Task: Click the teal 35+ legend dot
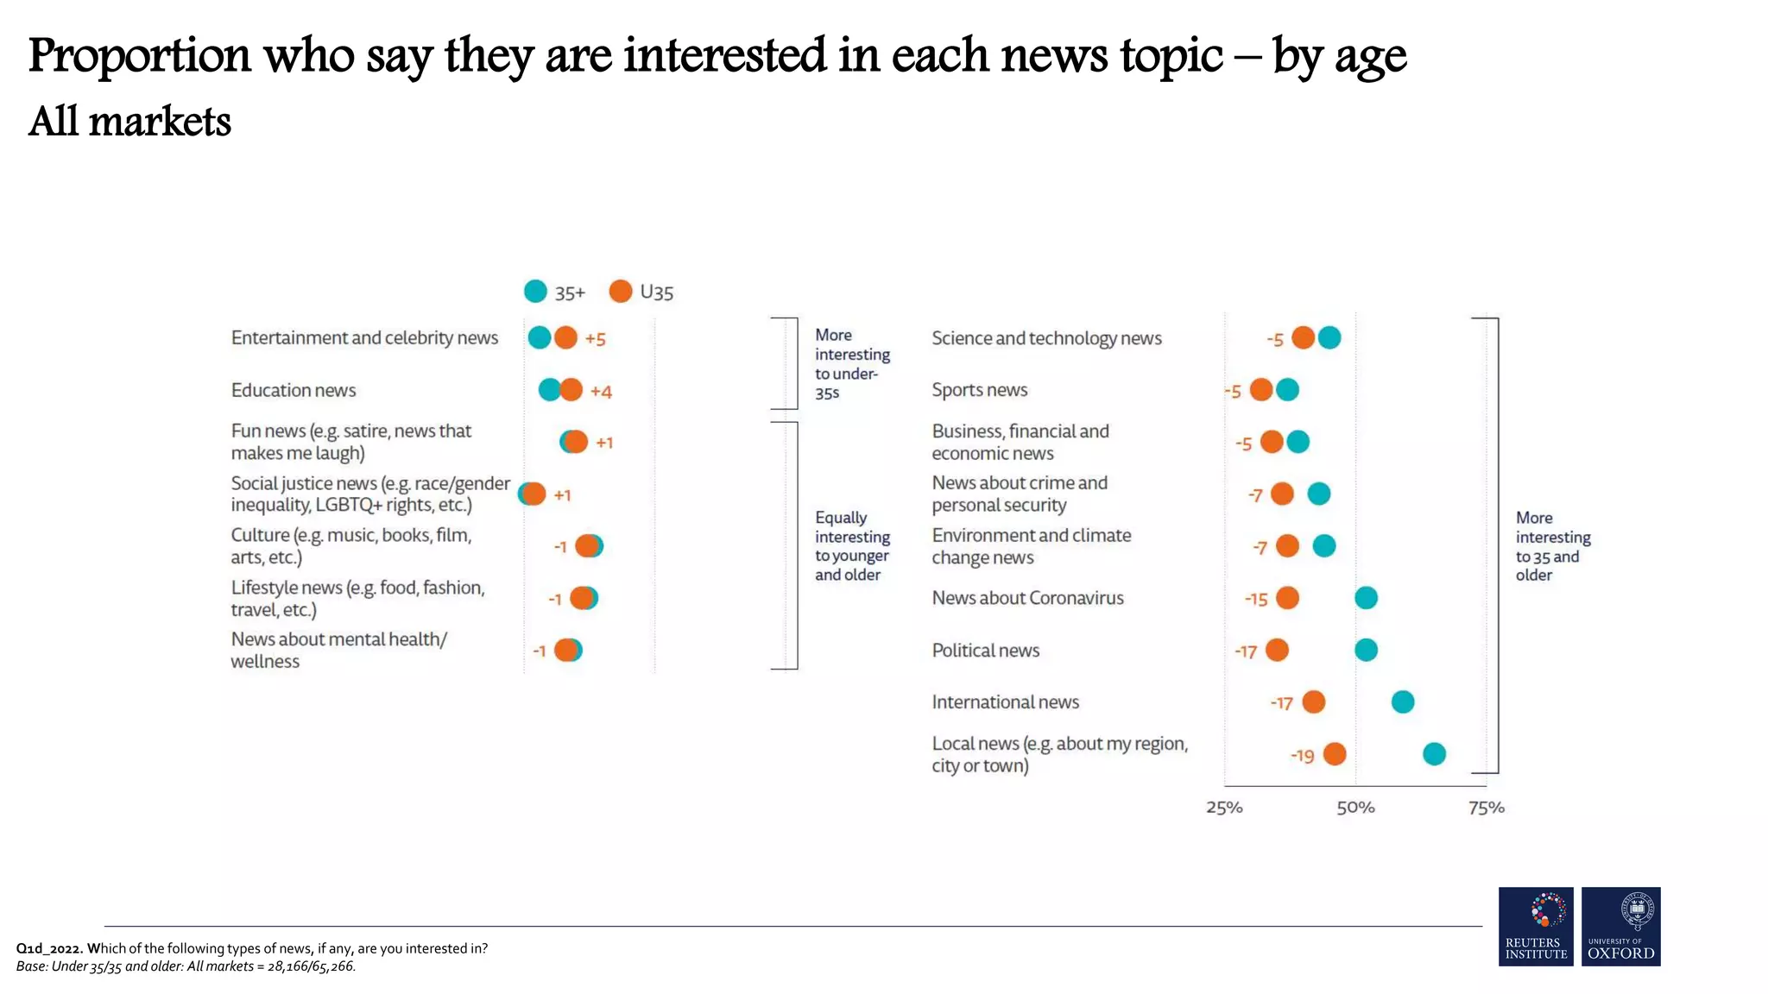tap(535, 292)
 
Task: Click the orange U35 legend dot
tap(620, 292)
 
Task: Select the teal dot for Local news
tap(1434, 754)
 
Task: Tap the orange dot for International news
tap(1313, 702)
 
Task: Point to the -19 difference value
tap(1302, 756)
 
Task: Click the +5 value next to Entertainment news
tap(596, 339)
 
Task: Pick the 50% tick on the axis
tap(1355, 808)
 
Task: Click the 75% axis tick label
tap(1487, 808)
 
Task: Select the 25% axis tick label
tap(1224, 808)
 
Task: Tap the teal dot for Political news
tap(1366, 650)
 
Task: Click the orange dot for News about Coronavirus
tap(1287, 598)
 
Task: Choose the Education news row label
tap(294, 390)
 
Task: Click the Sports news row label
tap(980, 390)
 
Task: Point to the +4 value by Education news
tap(601, 392)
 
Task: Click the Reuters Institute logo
tap(1536, 926)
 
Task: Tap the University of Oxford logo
tap(1620, 926)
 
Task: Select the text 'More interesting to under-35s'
tap(851, 363)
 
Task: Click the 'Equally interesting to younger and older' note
tap(851, 545)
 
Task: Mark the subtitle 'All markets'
tap(129, 121)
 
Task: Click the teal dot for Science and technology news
tap(1329, 338)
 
